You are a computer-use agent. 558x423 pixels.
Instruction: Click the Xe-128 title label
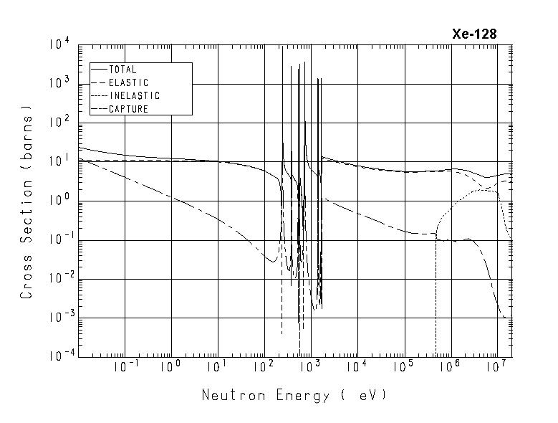point(473,34)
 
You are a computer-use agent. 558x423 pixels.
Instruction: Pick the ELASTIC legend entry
point(128,83)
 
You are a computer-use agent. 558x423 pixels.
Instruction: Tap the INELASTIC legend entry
point(134,96)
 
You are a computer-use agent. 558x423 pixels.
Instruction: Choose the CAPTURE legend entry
point(128,109)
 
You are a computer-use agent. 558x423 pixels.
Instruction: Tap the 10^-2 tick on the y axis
point(57,279)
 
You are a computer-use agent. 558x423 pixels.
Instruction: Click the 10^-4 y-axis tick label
point(57,356)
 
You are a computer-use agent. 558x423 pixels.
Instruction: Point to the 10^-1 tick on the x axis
point(125,367)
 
